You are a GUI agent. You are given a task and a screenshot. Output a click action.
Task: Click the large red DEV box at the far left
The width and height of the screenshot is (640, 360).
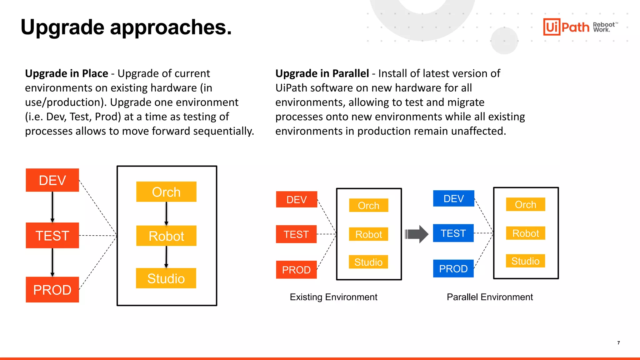(x=52, y=180)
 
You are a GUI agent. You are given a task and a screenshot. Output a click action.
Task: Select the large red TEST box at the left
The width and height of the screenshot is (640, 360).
(x=52, y=235)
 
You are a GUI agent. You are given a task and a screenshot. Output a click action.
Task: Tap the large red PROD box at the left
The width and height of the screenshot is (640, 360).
(x=52, y=289)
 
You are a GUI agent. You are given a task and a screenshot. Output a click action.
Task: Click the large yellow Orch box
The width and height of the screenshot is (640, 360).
(x=166, y=192)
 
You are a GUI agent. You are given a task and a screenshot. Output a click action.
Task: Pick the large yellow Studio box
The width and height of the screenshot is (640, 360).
(x=166, y=278)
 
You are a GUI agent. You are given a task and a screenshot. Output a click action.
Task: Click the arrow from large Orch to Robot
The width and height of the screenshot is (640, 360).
(x=166, y=213)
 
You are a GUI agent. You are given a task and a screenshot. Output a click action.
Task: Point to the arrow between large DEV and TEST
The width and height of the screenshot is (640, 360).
(x=52, y=207)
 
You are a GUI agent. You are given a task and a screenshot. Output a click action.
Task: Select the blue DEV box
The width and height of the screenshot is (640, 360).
(x=453, y=198)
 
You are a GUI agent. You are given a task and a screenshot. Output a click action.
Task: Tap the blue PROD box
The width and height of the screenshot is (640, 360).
(x=453, y=268)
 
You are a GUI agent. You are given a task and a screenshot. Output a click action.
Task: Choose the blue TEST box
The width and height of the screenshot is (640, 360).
(x=453, y=233)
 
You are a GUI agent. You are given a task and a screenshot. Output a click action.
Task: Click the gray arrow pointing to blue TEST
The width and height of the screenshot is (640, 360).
(x=417, y=234)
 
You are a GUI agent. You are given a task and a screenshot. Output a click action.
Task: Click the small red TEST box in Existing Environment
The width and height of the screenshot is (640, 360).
(x=296, y=234)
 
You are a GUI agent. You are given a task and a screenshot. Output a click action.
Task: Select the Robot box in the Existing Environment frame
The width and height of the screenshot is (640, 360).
(x=368, y=234)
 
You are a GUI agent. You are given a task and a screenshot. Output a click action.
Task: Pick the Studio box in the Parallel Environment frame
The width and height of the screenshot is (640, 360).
(x=525, y=261)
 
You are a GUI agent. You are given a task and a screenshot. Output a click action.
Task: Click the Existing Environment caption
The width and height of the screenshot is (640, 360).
(x=333, y=297)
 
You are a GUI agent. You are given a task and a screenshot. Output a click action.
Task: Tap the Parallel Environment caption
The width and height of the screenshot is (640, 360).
(x=490, y=297)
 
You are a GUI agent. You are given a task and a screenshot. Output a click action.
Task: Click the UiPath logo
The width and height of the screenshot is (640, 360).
(x=566, y=27)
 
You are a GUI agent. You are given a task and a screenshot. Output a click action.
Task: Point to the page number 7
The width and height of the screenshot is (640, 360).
(x=618, y=343)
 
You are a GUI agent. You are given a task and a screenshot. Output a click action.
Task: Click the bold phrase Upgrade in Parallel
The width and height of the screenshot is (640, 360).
(x=322, y=73)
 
